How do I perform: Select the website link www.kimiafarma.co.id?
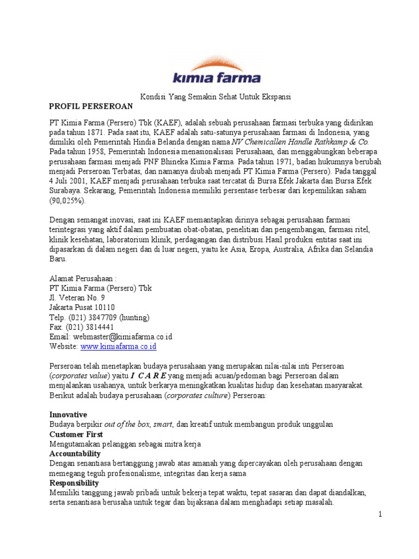coord(119,346)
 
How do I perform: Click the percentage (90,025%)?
coord(68,201)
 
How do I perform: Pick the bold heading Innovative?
coord(68,414)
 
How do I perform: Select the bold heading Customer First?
coord(76,434)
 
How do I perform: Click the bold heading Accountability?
coord(75,454)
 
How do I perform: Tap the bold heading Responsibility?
coord(74,483)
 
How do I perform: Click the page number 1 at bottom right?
coord(381,515)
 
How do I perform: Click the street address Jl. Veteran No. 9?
coord(77,298)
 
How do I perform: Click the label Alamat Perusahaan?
coord(83,278)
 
